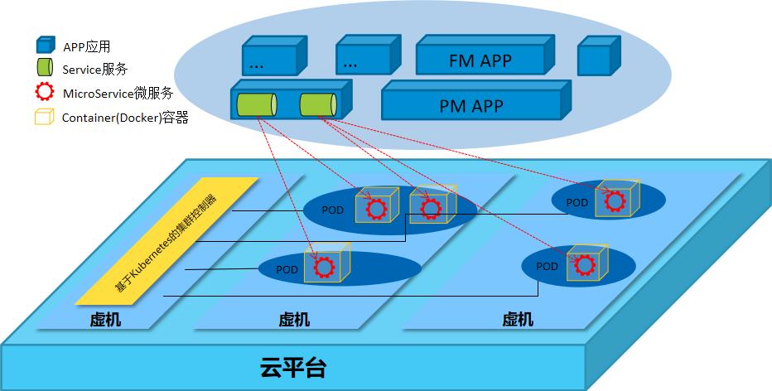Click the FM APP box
(x=480, y=59)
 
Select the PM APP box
(x=475, y=105)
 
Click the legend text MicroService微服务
(x=117, y=94)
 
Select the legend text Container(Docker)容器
(x=125, y=118)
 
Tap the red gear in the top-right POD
(x=614, y=200)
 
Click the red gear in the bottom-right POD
(x=586, y=265)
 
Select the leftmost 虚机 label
(x=105, y=319)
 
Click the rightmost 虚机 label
(x=518, y=319)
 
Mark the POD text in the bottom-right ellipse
(x=547, y=266)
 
